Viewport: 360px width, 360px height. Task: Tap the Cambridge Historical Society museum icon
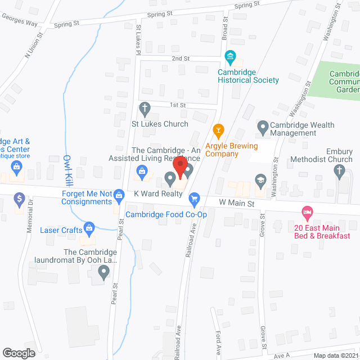point(229,57)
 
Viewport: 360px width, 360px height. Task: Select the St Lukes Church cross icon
point(145,108)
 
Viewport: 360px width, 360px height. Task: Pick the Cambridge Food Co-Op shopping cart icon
point(195,198)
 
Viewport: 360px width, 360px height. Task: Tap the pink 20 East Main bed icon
point(307,213)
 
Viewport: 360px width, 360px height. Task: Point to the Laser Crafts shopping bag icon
point(89,228)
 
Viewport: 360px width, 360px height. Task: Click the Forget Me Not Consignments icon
point(119,195)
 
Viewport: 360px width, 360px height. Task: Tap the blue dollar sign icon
point(20,199)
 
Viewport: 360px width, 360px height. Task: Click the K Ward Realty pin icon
point(170,179)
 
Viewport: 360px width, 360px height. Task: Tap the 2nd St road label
point(181,58)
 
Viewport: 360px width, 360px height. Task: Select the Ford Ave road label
point(218,340)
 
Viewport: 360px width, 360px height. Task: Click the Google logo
point(18,353)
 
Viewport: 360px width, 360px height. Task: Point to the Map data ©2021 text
point(335,355)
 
